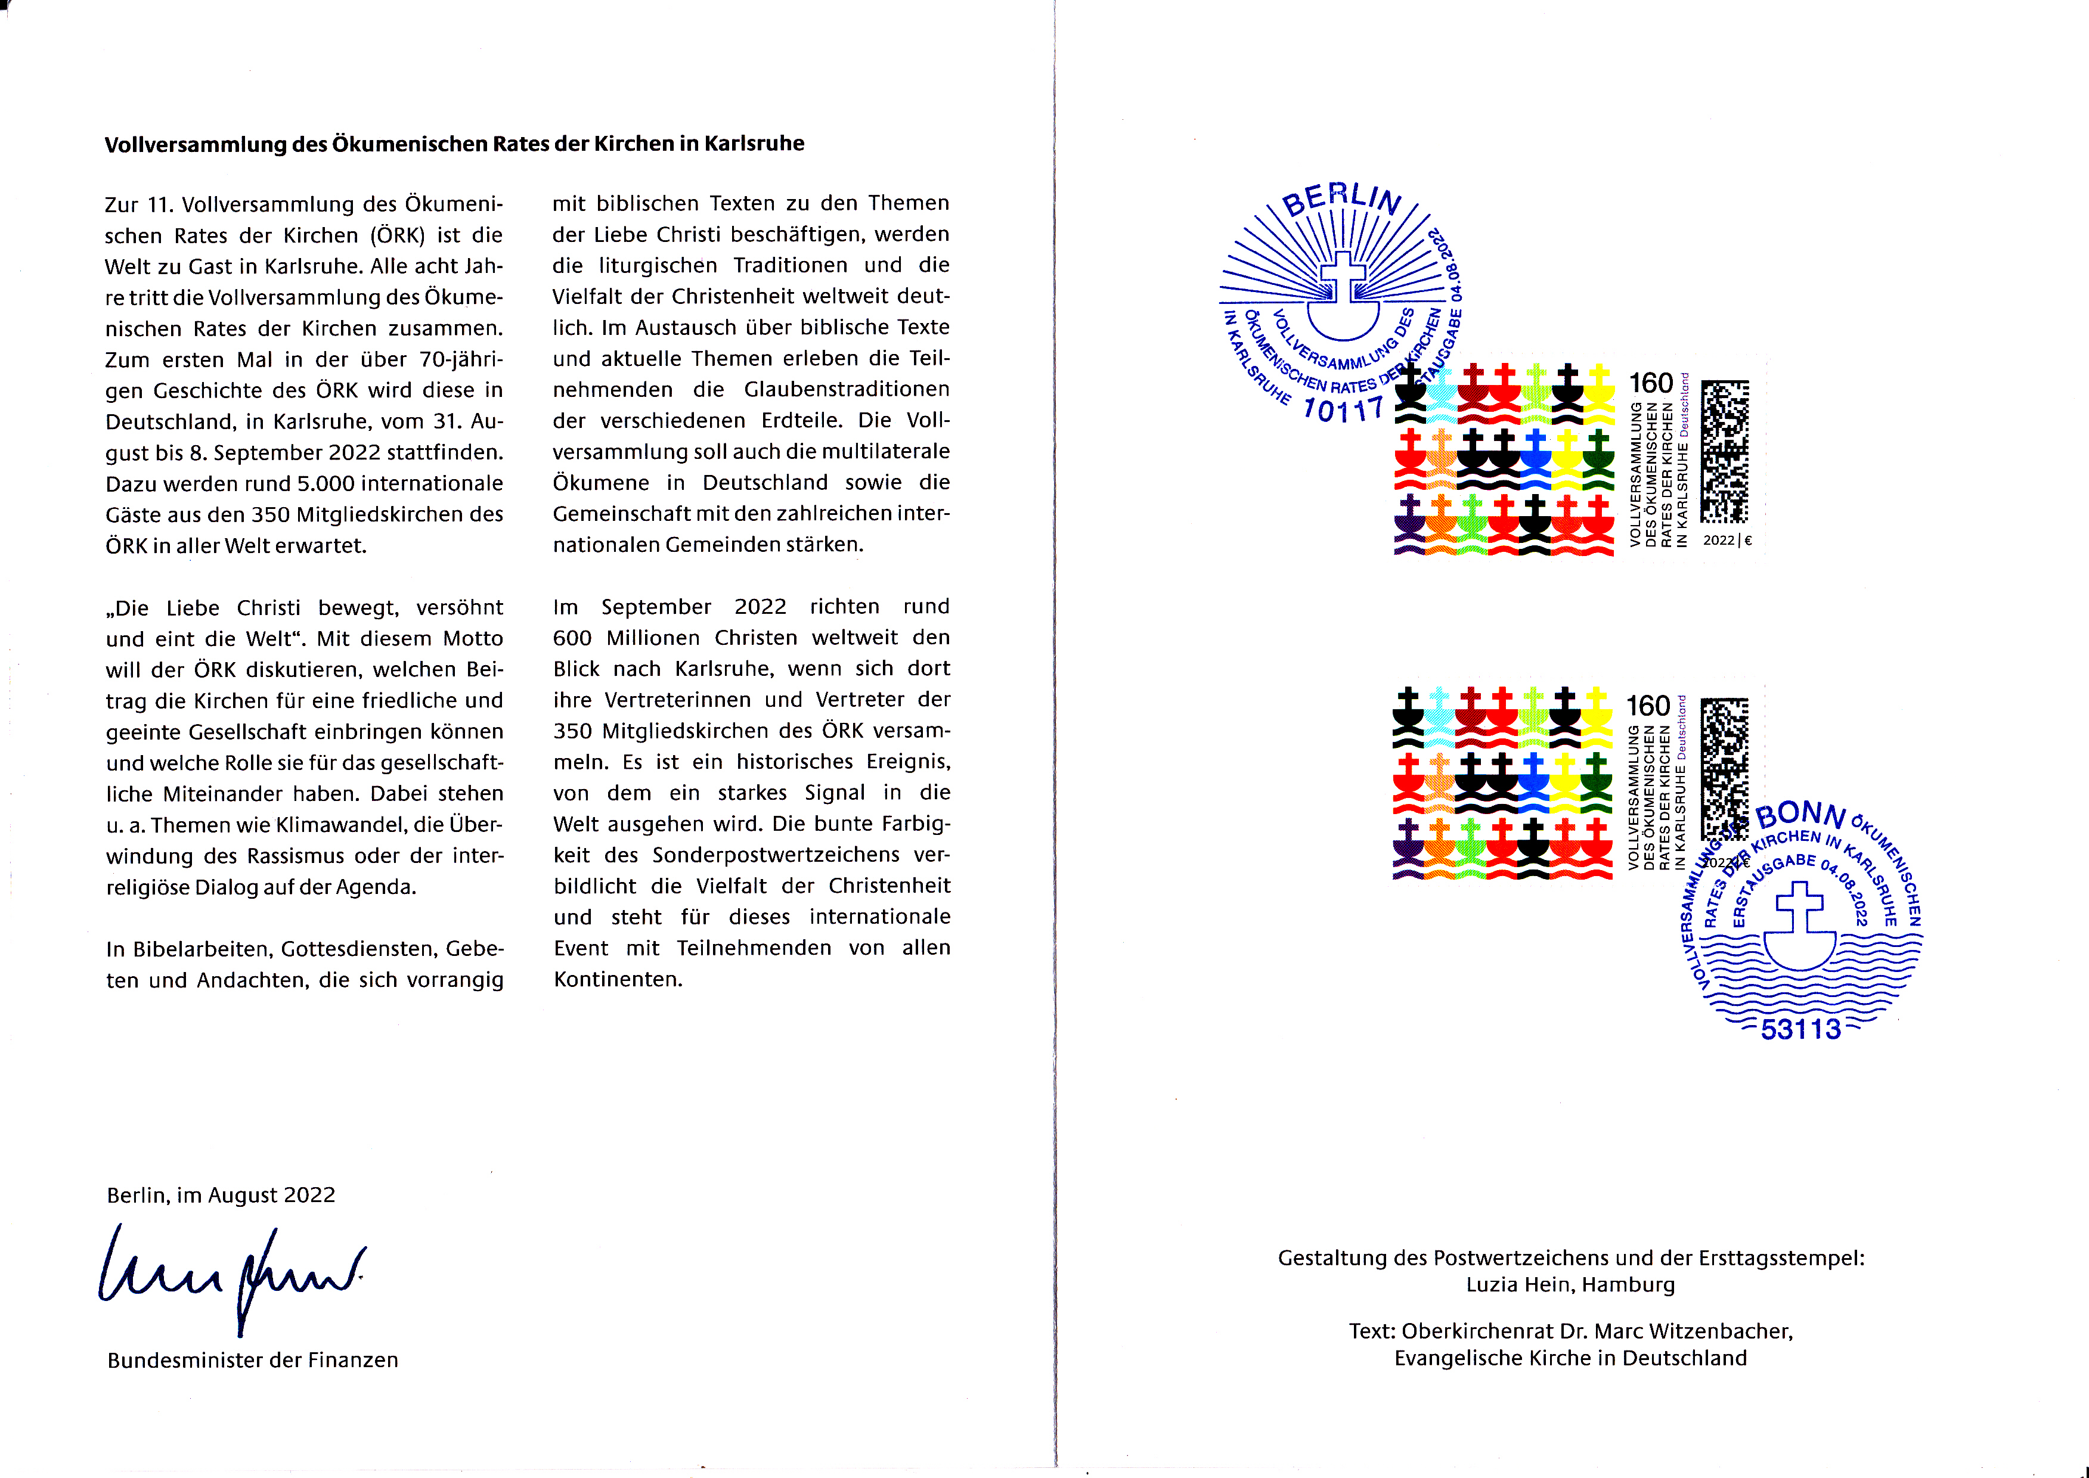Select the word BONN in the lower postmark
tap(1800, 815)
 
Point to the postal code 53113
tap(1800, 1029)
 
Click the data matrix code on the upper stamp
tap(1725, 451)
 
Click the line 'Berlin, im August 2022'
tap(221, 1195)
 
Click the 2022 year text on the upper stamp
tap(1719, 541)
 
